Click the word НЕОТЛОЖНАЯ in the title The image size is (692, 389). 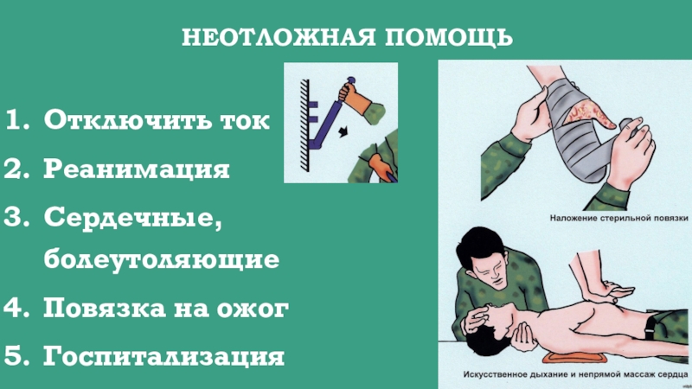(279, 37)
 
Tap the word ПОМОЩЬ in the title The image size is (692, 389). (449, 37)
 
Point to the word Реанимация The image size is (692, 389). (137, 169)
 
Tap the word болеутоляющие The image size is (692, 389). (162, 258)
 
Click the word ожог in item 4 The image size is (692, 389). (253, 309)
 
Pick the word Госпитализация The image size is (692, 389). (163, 356)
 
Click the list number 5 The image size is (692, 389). (16, 355)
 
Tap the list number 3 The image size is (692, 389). (16, 217)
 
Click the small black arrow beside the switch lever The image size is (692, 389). (343, 131)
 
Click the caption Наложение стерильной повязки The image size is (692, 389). (618, 218)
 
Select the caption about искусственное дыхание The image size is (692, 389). (575, 374)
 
